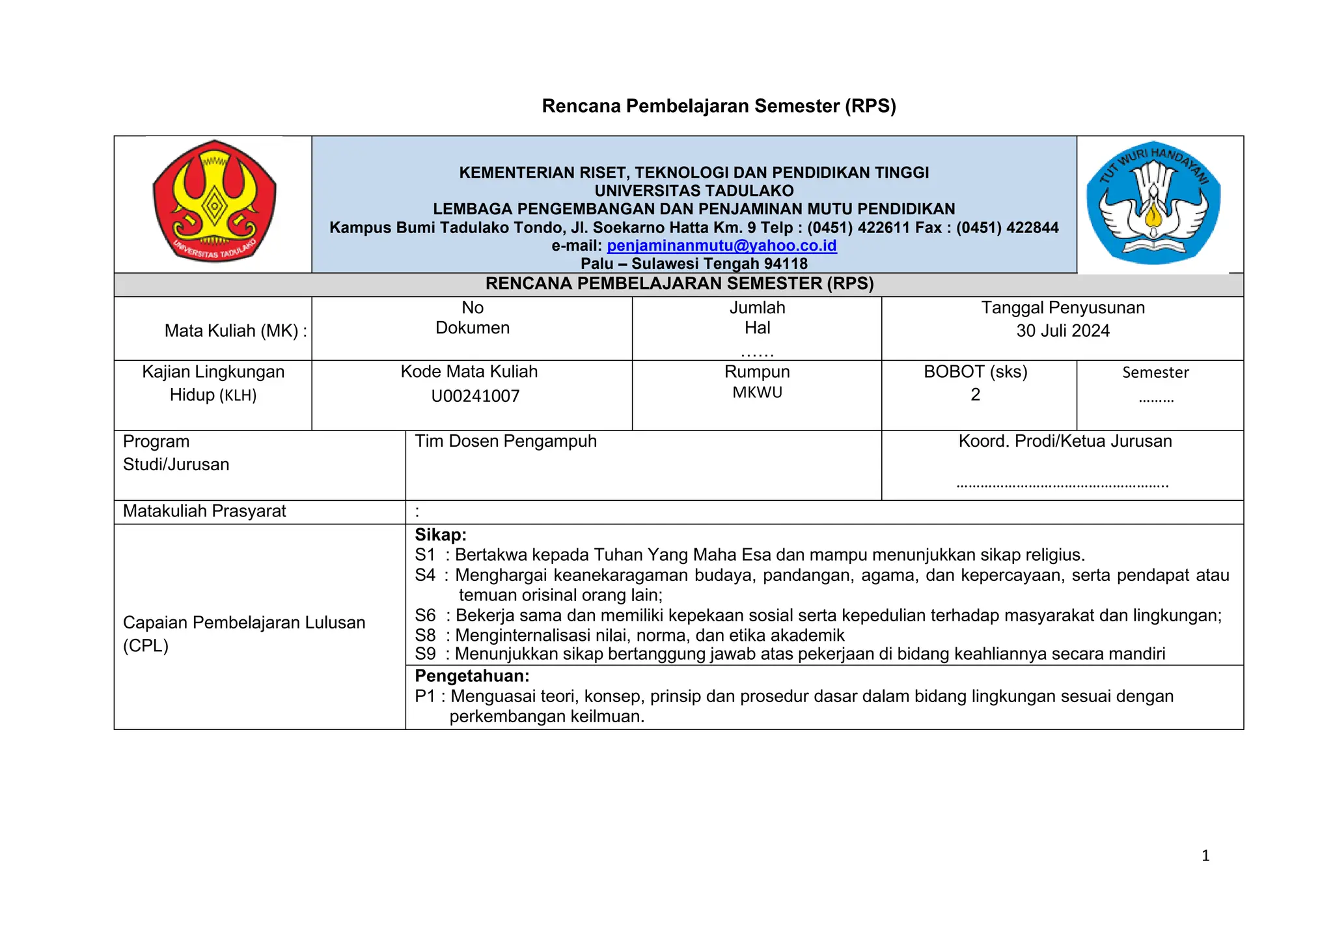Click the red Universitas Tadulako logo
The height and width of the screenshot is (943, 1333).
pos(214,202)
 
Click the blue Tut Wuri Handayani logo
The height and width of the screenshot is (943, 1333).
pos(1153,203)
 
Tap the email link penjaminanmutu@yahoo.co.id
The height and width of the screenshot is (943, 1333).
pos(721,246)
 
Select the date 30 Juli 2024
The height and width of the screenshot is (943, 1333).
pos(1062,331)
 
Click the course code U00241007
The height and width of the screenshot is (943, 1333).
pos(475,396)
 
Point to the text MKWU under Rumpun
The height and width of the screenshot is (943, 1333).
pos(757,393)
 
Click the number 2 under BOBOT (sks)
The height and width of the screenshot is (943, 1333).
pos(975,395)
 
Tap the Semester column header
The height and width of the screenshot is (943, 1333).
pos(1155,373)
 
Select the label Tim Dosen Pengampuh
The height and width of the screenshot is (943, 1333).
pos(506,442)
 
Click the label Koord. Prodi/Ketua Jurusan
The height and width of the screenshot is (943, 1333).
pos(1065,442)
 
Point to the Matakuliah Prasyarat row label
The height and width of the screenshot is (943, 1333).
pos(204,511)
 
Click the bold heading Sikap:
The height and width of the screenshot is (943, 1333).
pos(441,535)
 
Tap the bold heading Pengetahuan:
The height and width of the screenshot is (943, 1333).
pos(472,675)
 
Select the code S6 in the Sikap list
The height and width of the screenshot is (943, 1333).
pos(425,615)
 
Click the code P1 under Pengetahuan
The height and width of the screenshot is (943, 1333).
pos(424,696)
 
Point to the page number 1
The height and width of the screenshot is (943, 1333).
pos(1205,856)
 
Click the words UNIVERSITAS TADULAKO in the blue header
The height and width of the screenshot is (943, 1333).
pos(694,191)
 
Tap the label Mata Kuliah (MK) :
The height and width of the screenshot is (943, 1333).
pos(235,331)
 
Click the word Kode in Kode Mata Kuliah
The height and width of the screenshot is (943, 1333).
pos(418,372)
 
